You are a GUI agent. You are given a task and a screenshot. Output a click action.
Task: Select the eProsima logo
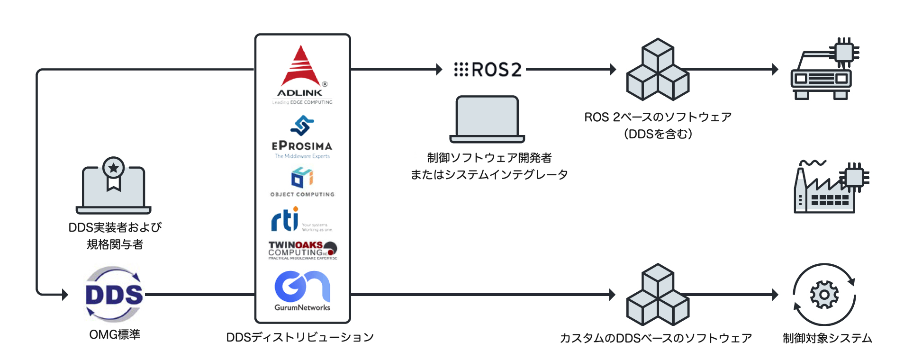coord(302,137)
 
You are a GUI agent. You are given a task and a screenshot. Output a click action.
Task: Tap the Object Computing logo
coord(302,181)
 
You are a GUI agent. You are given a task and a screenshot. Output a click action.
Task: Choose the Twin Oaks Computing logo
coord(302,250)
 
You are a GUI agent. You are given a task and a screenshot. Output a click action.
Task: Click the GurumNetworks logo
coord(302,290)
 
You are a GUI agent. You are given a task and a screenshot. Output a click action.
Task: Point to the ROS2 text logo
coord(488,70)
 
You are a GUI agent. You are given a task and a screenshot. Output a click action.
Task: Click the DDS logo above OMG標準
coord(114,294)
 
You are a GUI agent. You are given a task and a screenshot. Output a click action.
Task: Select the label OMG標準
coord(115,334)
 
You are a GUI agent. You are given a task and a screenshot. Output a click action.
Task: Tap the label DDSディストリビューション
coord(300,337)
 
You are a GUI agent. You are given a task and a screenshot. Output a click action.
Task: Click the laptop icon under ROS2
coord(487,119)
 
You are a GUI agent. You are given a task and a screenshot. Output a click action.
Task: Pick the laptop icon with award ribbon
coord(114,187)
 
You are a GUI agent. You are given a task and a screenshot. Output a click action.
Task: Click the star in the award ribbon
coord(114,168)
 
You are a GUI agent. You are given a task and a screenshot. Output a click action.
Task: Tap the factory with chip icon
coord(830,187)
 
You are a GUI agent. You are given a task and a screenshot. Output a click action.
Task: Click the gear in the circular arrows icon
coord(824,295)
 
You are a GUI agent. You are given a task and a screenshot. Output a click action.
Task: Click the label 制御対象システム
coord(827,338)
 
